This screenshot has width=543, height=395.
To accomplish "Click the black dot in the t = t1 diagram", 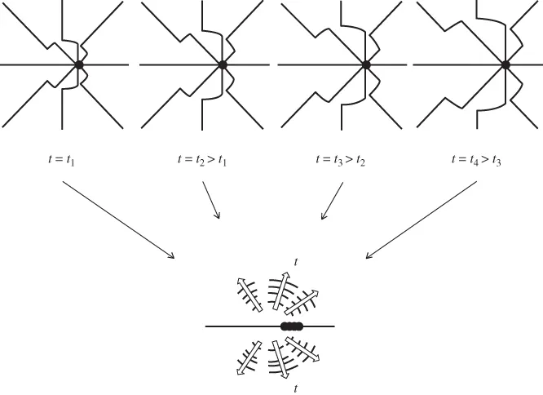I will (x=79, y=64).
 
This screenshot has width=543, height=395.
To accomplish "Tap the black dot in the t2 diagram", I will (x=222, y=64).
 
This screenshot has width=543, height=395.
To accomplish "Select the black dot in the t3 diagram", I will (x=366, y=64).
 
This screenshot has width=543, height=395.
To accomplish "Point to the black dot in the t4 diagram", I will (x=505, y=64).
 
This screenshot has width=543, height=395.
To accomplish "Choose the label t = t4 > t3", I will (x=477, y=160).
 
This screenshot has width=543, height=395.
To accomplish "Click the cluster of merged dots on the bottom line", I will (x=292, y=326).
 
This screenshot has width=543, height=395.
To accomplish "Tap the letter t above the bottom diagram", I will (x=295, y=263).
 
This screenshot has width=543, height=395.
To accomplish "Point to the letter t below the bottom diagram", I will (x=295, y=389).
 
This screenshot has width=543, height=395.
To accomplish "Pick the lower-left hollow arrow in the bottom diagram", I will (x=248, y=357).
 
